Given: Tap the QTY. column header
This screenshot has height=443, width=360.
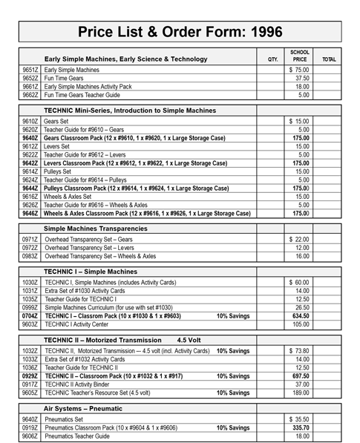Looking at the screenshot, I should [x=272, y=59].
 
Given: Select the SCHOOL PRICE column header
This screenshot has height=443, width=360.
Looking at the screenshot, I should [x=300, y=56].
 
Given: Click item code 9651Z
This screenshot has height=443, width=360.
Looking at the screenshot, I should [x=30, y=70].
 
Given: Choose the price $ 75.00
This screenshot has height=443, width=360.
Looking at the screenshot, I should [x=299, y=70].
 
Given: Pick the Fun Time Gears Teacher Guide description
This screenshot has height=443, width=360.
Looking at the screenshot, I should [x=84, y=95].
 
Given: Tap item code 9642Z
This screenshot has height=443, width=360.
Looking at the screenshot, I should [x=30, y=163].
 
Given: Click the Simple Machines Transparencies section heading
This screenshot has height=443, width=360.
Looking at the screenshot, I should [x=96, y=228].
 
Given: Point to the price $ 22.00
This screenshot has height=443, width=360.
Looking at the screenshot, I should [x=299, y=240].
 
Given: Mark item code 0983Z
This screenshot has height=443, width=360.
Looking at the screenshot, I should [x=30, y=256].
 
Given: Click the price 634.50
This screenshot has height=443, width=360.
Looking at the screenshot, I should [x=301, y=315].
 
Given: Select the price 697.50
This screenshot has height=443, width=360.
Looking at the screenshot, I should [x=301, y=376].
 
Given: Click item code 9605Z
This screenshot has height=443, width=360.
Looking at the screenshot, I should [x=30, y=393].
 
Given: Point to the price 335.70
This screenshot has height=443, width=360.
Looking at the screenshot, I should [x=301, y=427].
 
